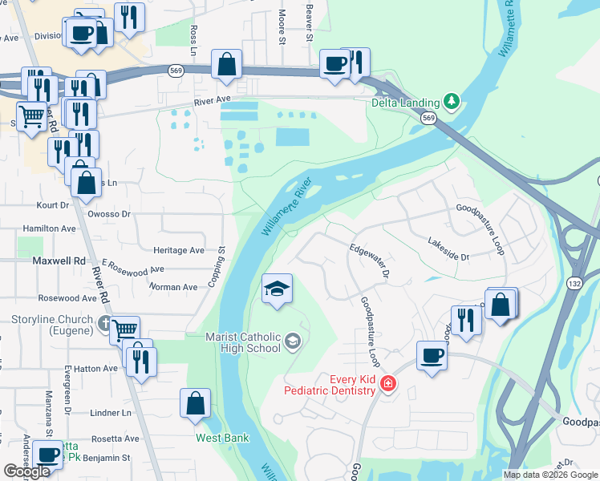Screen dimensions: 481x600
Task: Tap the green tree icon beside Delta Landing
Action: pos(452,102)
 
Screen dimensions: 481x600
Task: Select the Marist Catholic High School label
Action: pos(242,342)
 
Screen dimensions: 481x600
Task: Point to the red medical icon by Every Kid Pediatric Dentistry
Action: pos(388,384)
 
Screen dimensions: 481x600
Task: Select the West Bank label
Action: pos(223,438)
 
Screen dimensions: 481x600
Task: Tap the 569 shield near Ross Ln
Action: pos(176,71)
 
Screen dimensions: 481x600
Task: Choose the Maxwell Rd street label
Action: pos(59,261)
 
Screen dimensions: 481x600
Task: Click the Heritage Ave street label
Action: pos(179,250)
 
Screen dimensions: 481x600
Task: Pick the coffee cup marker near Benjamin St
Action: pos(48,455)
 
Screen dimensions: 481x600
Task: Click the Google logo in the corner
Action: pos(26,471)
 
